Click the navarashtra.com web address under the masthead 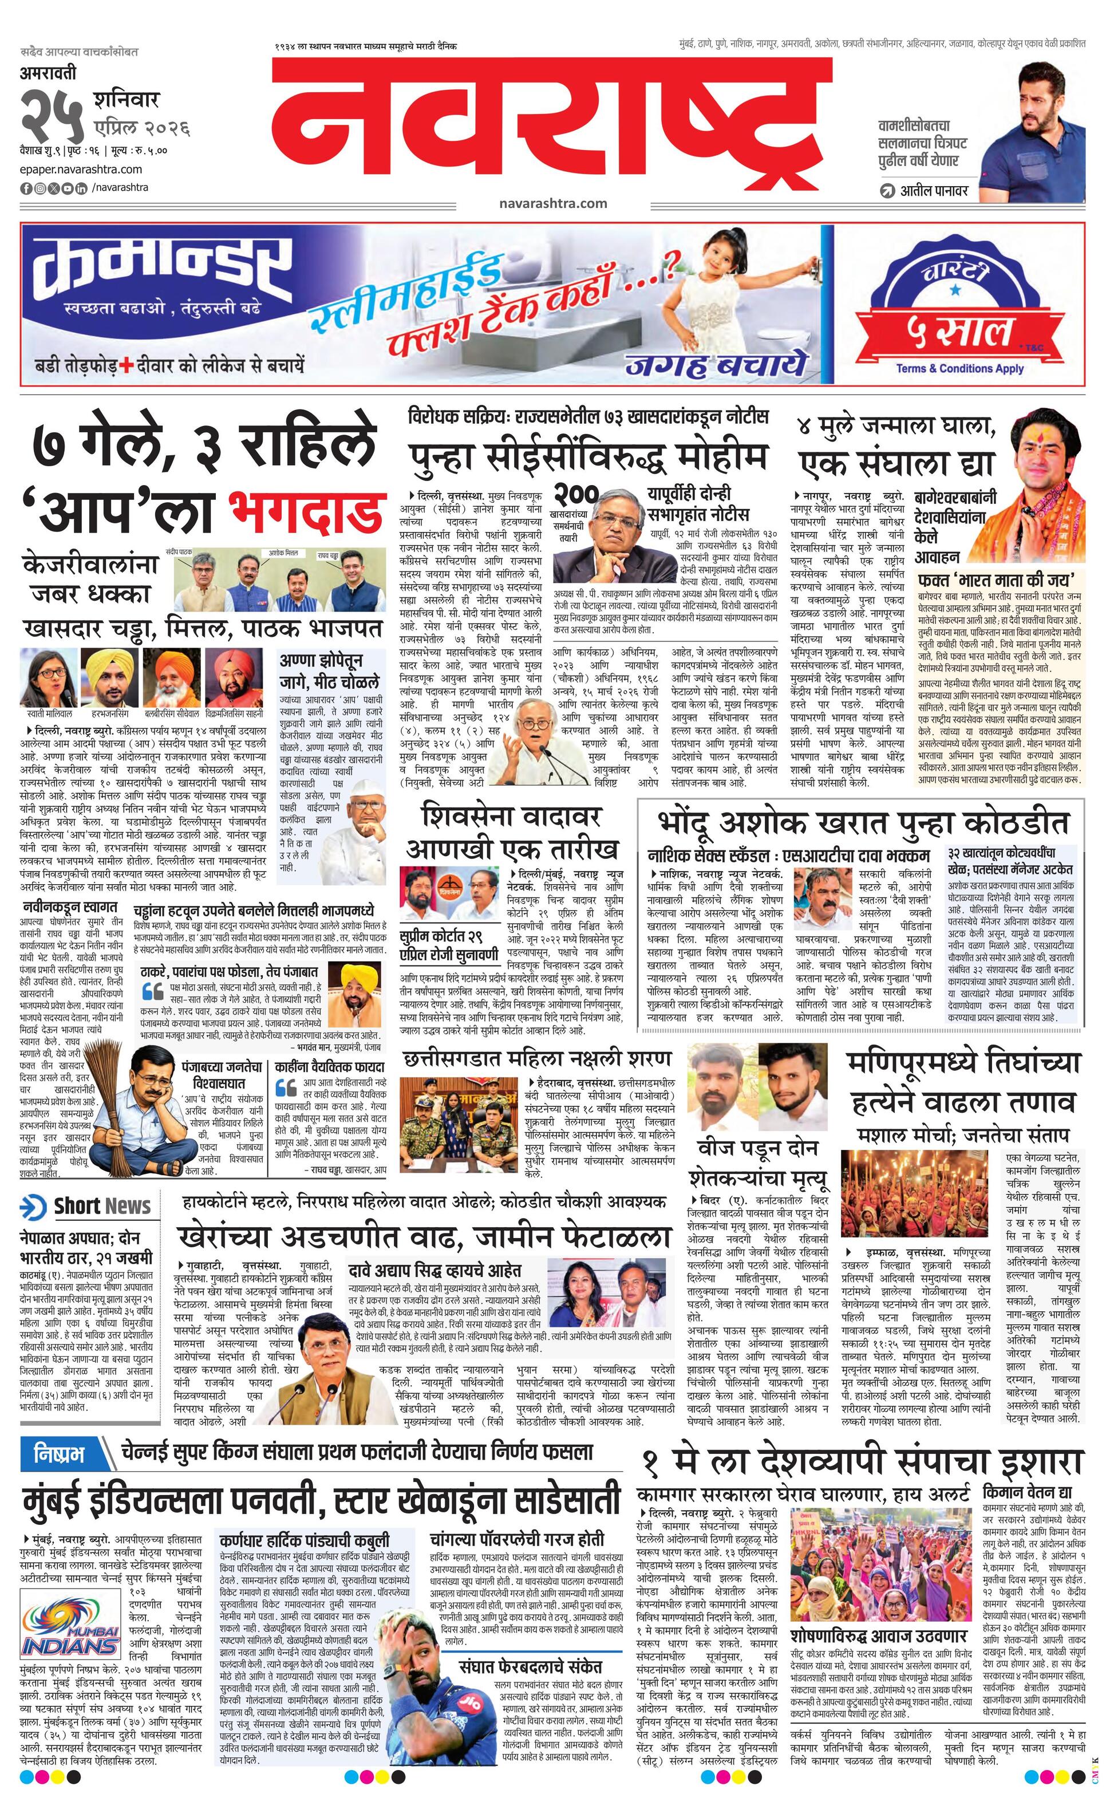(x=552, y=203)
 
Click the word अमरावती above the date (x=48, y=74)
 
